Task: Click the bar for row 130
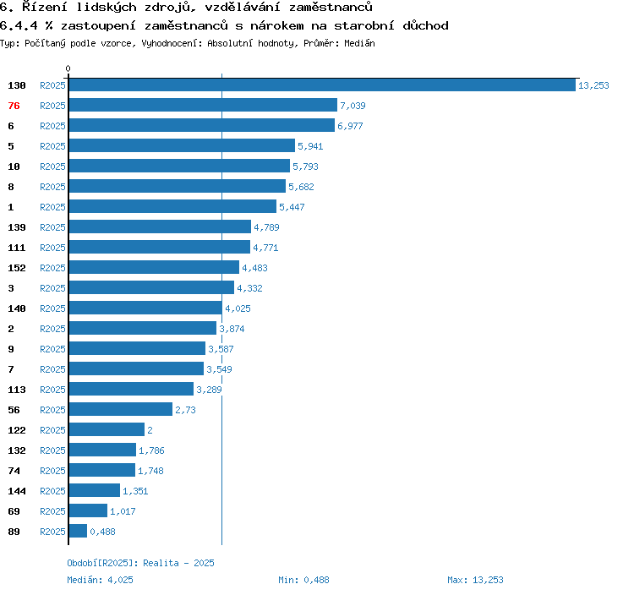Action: point(321,85)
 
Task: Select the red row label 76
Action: point(14,106)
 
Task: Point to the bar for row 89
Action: point(78,532)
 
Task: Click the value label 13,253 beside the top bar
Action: point(593,85)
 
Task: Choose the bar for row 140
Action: point(145,308)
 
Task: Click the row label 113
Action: point(17,390)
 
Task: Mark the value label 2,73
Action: point(185,410)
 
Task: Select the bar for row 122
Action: point(107,430)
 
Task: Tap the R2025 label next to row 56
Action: point(52,410)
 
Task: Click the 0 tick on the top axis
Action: point(68,68)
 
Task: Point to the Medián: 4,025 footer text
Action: point(100,580)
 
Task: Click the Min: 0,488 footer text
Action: point(303,580)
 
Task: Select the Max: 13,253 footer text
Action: point(475,580)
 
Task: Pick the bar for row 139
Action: point(160,227)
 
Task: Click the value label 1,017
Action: point(123,511)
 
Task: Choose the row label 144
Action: point(17,491)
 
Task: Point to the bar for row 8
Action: point(177,187)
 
